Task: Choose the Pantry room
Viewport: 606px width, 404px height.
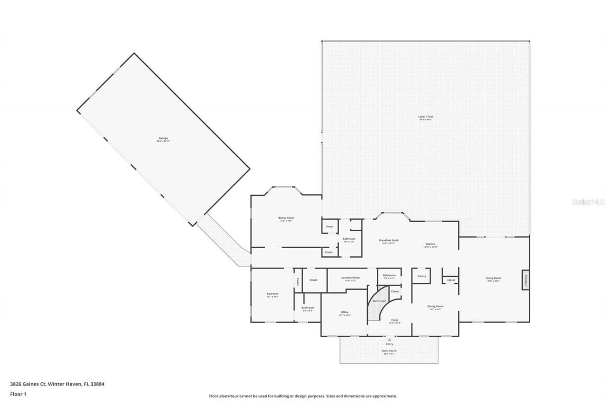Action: coord(421,276)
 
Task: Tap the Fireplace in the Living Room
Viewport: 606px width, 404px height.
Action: coord(526,279)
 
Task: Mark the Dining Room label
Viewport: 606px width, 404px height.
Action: coord(435,307)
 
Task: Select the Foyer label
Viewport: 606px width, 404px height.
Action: coord(394,321)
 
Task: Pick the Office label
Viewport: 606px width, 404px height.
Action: coord(344,313)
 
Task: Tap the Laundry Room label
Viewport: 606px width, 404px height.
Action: coord(350,278)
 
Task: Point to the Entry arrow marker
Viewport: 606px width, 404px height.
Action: coord(389,340)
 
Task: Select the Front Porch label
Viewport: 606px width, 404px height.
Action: coord(389,351)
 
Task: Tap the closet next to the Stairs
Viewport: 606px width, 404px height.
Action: coord(394,292)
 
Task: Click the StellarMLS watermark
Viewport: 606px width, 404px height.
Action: coord(588,202)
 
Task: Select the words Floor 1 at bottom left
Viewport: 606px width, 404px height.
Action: coord(18,394)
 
